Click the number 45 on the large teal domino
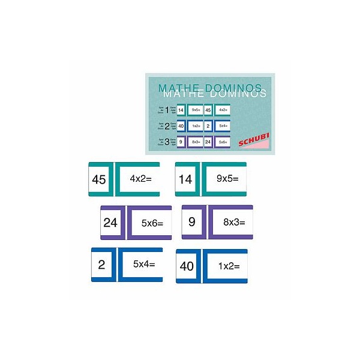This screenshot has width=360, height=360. point(99,179)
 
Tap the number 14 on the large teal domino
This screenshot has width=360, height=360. point(185,179)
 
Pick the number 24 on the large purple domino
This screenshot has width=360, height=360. point(110,223)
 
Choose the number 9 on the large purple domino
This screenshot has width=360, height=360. point(192,222)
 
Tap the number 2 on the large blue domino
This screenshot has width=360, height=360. point(101,265)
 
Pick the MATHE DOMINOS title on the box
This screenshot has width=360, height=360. point(212,91)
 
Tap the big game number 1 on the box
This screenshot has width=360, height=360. point(166,110)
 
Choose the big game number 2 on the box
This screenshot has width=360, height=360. point(166,126)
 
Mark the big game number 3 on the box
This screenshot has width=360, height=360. point(166,142)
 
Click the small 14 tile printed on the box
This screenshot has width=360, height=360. point(181,110)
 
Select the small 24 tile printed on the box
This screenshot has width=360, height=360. point(208,142)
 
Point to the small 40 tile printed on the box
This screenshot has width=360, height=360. point(181,126)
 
